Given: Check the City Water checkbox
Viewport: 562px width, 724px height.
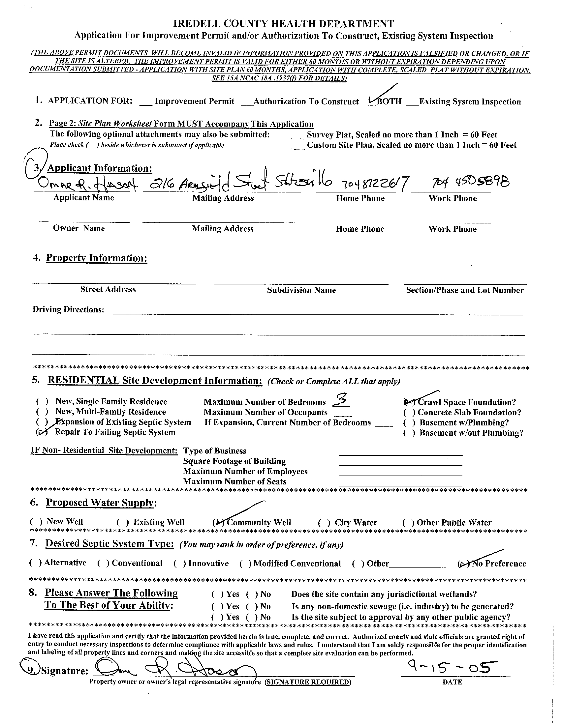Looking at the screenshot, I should click(x=324, y=523).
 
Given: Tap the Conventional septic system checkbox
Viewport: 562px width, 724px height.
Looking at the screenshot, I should click(x=103, y=563).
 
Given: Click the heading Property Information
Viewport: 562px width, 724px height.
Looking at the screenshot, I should click(x=97, y=258).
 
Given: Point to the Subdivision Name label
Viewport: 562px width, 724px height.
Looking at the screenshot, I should click(x=301, y=290).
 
